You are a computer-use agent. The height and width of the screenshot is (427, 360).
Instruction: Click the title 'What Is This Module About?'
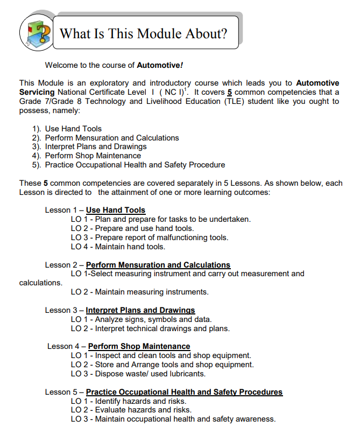pos(143,34)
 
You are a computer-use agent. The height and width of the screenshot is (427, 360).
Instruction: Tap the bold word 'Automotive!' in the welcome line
pos(160,65)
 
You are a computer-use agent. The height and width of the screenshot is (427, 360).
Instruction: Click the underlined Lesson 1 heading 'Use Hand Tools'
pos(115,210)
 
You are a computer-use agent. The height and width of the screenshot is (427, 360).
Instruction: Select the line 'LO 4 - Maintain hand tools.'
pos(118,247)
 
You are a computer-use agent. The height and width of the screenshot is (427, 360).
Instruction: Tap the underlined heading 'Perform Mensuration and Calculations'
pos(158,265)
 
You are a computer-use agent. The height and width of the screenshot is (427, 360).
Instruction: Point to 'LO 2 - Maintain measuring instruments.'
pos(139,292)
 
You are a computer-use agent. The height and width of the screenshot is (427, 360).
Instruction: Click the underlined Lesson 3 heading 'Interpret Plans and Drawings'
pos(140,310)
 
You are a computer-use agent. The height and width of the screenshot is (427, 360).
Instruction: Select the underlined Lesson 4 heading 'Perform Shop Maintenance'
pos(139,346)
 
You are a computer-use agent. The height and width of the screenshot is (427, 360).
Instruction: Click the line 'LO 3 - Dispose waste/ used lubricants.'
pos(138,374)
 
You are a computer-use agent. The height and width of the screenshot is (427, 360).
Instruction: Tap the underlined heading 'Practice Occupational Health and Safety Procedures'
pos(184,392)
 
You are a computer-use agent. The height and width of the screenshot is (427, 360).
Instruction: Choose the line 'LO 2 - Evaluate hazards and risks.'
pos(131,410)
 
